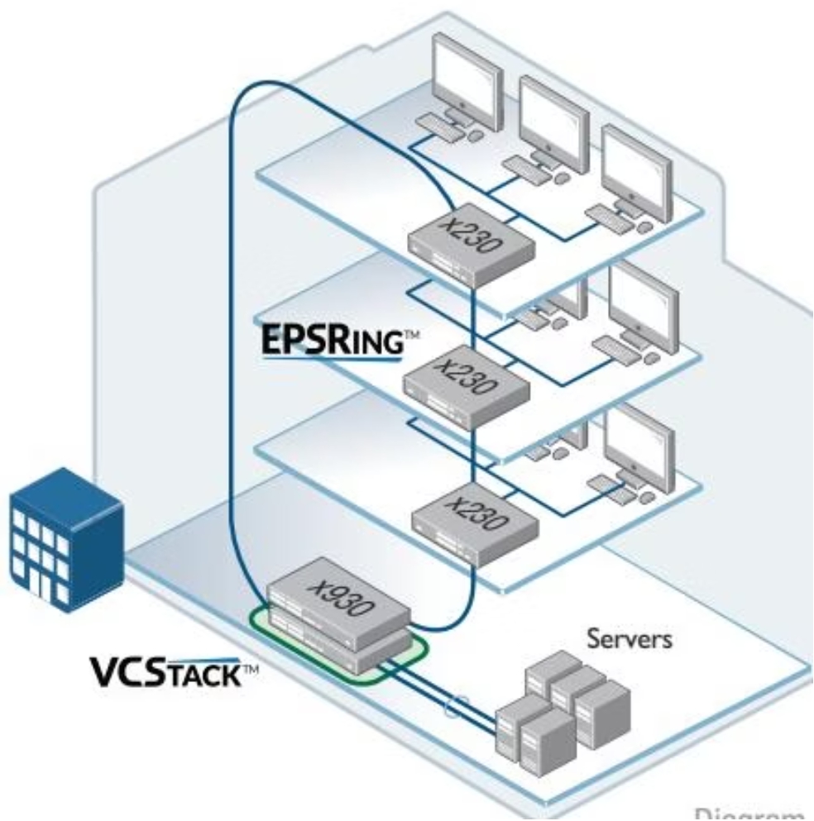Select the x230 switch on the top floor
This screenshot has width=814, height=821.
coord(467,246)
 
